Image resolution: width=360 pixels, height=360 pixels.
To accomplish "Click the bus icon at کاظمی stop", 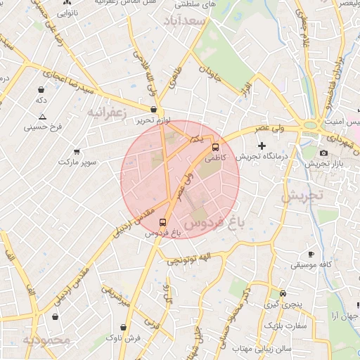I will pos(215,148).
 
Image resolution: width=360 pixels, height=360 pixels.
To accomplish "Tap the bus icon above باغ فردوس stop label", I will pos(163,221).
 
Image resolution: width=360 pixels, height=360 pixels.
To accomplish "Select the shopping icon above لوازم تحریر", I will pos(153,109).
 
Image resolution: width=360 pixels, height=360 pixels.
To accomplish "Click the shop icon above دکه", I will pos(41,89).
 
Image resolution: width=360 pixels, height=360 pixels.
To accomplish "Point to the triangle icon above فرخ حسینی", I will pos(42,117).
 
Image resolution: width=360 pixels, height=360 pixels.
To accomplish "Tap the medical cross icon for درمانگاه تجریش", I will pos(262,145).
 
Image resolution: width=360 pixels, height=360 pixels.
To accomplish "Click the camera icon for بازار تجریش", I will pos(323,153).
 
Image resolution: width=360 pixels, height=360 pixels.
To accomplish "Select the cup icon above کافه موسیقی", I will pos(311,254).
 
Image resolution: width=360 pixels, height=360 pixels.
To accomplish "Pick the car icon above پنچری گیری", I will pos(283,294).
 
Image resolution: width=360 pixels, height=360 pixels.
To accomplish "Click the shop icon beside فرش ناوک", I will pos(124,327).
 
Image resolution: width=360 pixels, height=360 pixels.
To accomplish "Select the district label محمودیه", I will pos(46,341).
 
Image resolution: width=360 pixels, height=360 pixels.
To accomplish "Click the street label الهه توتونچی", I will pos(188,259).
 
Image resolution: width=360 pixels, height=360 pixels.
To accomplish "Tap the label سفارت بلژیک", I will pos(285,326).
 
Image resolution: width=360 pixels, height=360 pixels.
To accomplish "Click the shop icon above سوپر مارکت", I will pos(77,151).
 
